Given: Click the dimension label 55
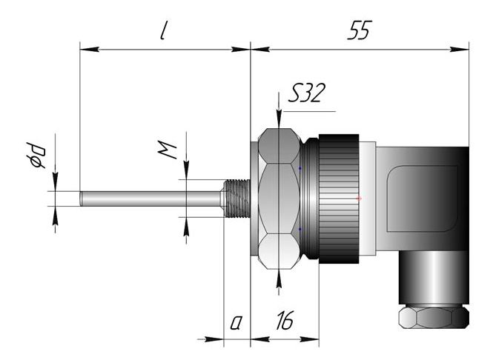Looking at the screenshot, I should pyautogui.click(x=359, y=30).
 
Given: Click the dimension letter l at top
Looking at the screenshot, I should pyautogui.click(x=162, y=32).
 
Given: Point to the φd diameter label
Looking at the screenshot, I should pyautogui.click(x=37, y=155).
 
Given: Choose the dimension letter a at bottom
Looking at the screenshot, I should pyautogui.click(x=236, y=322).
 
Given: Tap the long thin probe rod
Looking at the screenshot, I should pyautogui.click(x=148, y=199).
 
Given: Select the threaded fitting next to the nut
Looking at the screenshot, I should pyautogui.click(x=236, y=199).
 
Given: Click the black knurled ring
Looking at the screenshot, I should pyautogui.click(x=337, y=199).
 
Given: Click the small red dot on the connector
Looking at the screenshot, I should pyautogui.click(x=359, y=199).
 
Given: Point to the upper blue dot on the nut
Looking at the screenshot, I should pyautogui.click(x=300, y=168).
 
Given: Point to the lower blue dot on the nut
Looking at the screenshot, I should pyautogui.click(x=300, y=229).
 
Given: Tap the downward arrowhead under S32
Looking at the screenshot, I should pyautogui.click(x=278, y=121).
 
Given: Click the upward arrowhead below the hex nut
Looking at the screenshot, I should pyautogui.click(x=278, y=276).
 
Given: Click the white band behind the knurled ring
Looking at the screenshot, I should pyautogui.click(x=367, y=199).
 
